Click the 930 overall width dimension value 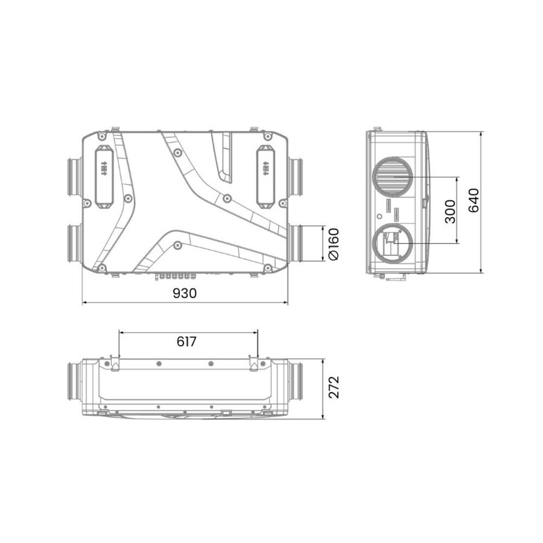(185, 293)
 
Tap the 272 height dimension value (335, 387)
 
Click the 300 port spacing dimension (450, 211)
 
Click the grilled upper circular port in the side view (393, 176)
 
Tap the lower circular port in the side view (393, 243)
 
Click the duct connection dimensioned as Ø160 (298, 243)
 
